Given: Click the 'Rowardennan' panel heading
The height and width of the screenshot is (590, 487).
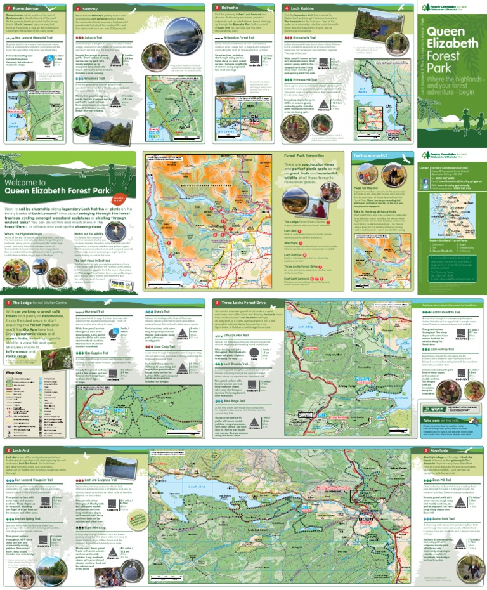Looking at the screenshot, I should pos(25,8).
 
